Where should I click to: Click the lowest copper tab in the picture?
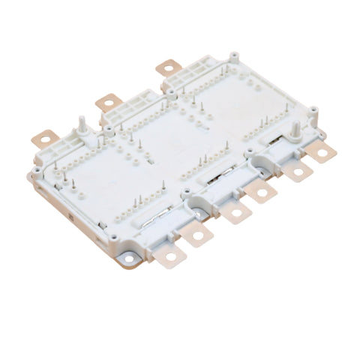click(171, 257)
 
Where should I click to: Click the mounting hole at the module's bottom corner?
click(130, 259)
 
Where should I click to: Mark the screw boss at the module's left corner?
click(36, 178)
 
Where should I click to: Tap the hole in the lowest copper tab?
click(172, 259)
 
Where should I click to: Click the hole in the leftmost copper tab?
click(43, 139)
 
